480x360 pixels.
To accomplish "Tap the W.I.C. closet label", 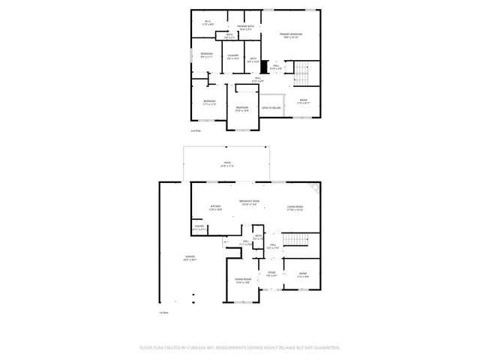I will (x=207, y=22).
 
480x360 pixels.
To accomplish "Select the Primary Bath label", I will (x=246, y=27).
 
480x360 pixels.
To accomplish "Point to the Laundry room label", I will (x=233, y=56).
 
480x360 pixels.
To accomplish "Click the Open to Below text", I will (x=271, y=108).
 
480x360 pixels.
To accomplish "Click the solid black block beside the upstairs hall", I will (x=264, y=66).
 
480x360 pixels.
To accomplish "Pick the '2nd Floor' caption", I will (x=196, y=130).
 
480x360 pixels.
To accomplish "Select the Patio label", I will (x=227, y=164).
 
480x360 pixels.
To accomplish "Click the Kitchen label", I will (x=215, y=208).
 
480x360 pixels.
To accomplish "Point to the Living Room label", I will (x=294, y=208).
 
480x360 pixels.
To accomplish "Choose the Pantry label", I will (x=199, y=227).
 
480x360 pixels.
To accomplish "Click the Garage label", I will (x=191, y=259).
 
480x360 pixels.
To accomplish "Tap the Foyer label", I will (x=271, y=274).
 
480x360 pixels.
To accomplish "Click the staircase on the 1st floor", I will (x=299, y=240).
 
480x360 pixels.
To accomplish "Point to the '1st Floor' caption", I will (x=163, y=312).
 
